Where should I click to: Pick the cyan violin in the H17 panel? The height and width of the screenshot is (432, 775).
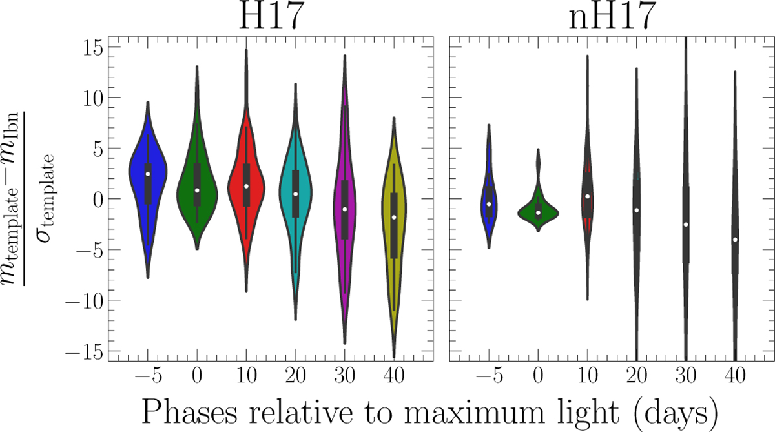click(295, 194)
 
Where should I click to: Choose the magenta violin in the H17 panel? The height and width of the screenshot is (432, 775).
click(345, 213)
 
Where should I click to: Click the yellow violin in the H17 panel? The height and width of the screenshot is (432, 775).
click(394, 226)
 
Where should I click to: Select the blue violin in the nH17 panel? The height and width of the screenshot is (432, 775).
click(490, 203)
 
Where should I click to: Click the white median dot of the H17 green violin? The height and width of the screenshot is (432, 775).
click(197, 190)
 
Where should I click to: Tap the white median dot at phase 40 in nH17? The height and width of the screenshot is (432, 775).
click(735, 240)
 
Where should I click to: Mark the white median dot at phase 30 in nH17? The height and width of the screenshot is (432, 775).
click(686, 224)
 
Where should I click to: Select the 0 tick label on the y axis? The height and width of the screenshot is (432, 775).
click(96, 199)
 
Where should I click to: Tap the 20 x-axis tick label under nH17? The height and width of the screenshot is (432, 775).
click(637, 375)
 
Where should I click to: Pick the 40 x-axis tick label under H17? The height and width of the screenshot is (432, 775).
click(394, 375)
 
